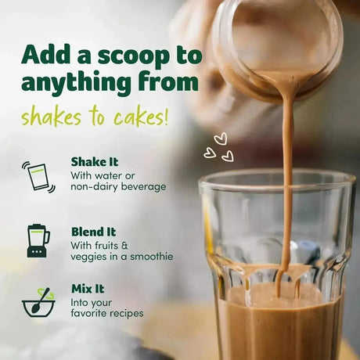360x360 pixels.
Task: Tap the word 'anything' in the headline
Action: coord(76,82)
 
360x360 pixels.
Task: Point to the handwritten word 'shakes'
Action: coord(51,117)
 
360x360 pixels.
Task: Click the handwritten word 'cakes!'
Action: coord(141,117)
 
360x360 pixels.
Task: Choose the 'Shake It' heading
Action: coord(95,162)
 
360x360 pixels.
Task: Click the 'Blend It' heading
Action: coord(93,232)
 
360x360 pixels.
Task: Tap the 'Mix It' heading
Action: coord(88,289)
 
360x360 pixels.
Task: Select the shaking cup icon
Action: coord(39,177)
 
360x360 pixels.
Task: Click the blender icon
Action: coord(38,240)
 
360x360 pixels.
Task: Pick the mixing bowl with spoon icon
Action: coord(38,303)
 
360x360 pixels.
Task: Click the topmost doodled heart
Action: coord(220,139)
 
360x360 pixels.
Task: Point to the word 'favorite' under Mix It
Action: coord(87,313)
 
